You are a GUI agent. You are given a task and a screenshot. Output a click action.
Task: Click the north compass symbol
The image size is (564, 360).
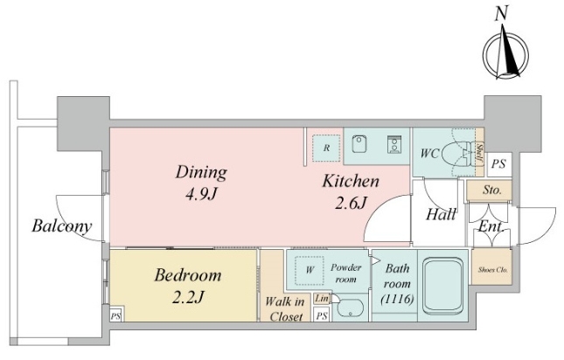click(x=505, y=54)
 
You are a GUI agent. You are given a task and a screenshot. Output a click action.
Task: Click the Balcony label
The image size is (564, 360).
click(x=62, y=226)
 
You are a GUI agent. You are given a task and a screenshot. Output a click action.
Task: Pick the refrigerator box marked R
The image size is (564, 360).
click(x=326, y=148)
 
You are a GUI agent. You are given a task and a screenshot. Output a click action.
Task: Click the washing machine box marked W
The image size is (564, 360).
click(x=310, y=270)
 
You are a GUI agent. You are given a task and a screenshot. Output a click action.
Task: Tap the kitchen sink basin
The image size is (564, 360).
click(x=359, y=143)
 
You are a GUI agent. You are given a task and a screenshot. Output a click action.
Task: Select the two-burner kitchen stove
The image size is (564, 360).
click(x=394, y=144)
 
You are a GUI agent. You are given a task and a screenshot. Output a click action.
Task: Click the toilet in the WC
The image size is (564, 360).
click(x=456, y=154)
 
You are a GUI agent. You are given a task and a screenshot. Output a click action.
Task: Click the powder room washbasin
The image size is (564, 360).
click(x=350, y=308)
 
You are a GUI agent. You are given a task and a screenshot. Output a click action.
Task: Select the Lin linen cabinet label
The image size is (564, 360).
click(x=322, y=299)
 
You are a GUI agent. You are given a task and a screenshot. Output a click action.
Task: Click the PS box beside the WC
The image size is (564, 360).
click(x=499, y=164)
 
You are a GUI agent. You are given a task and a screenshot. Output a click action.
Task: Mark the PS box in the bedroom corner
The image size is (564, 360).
click(x=115, y=316)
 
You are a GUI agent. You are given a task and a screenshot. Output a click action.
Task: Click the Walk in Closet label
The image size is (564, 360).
click(x=285, y=309)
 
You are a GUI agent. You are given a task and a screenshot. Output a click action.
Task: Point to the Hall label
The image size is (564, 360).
click(x=441, y=215)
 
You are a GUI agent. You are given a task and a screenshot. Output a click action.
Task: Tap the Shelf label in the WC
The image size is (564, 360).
click(x=479, y=153)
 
